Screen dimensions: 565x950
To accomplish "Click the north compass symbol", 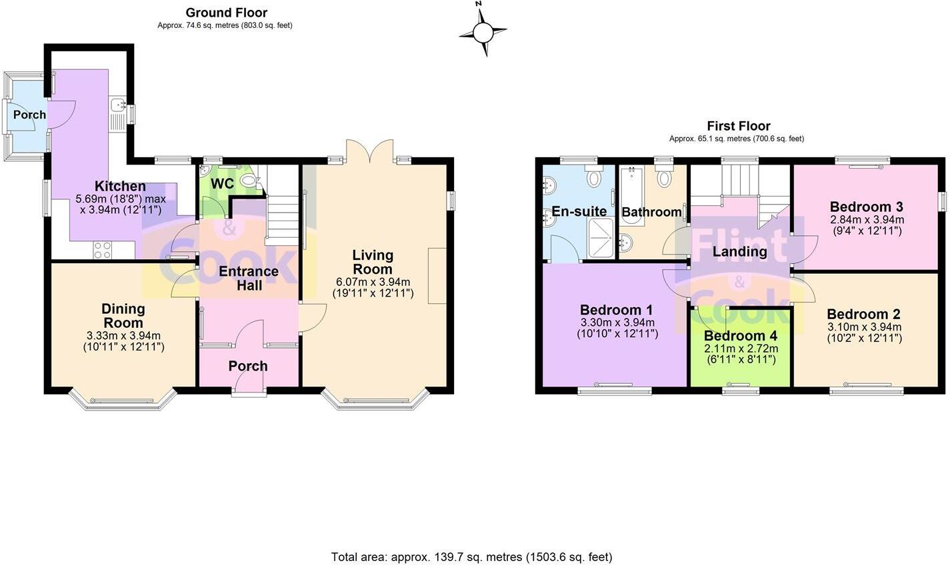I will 483,31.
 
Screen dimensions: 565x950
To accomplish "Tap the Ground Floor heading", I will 226,13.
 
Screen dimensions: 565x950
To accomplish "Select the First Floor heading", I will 738,126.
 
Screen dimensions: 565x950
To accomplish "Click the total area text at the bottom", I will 471,556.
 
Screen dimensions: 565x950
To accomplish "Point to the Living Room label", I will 373,262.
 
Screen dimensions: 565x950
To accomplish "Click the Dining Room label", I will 123,316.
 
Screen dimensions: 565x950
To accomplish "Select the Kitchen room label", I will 120,187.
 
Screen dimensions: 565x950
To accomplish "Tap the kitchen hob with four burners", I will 102,250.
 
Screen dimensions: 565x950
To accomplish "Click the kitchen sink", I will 118,105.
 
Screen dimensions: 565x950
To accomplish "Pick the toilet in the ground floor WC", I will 250,180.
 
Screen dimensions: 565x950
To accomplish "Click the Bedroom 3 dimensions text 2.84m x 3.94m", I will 867,219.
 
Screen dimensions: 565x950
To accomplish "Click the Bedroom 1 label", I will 616,310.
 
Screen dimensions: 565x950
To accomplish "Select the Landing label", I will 739,252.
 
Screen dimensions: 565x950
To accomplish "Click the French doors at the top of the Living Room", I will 369,150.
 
